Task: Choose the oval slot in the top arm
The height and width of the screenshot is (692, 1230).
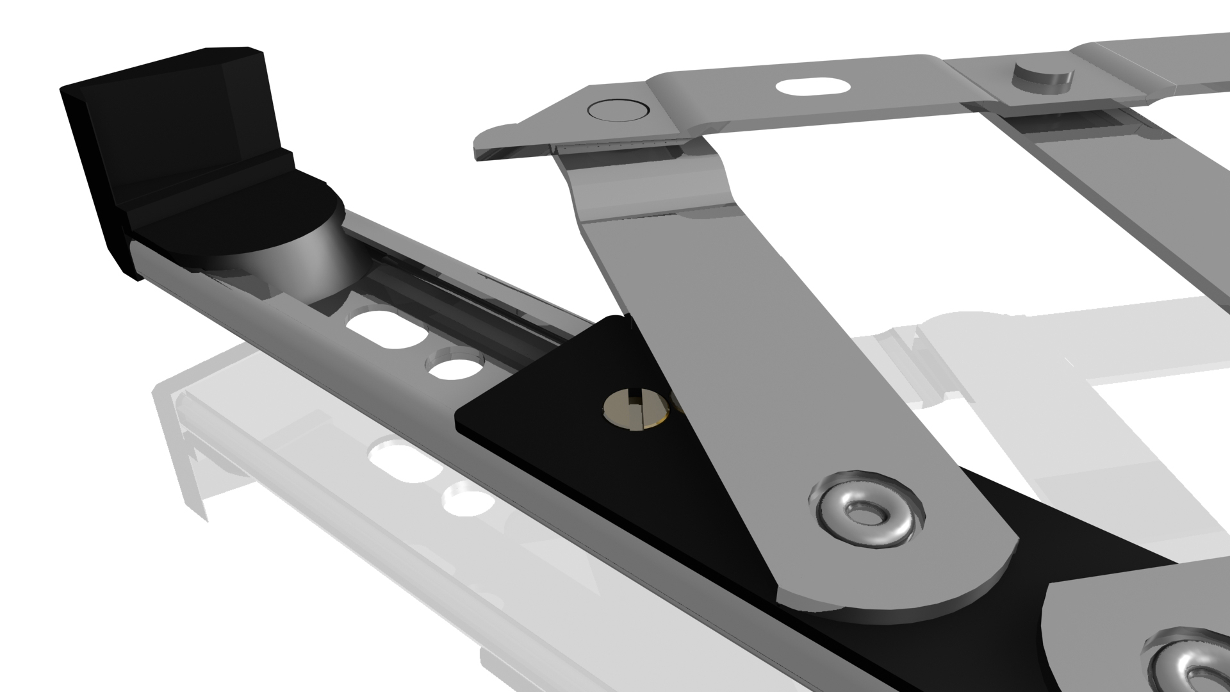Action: [811, 86]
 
